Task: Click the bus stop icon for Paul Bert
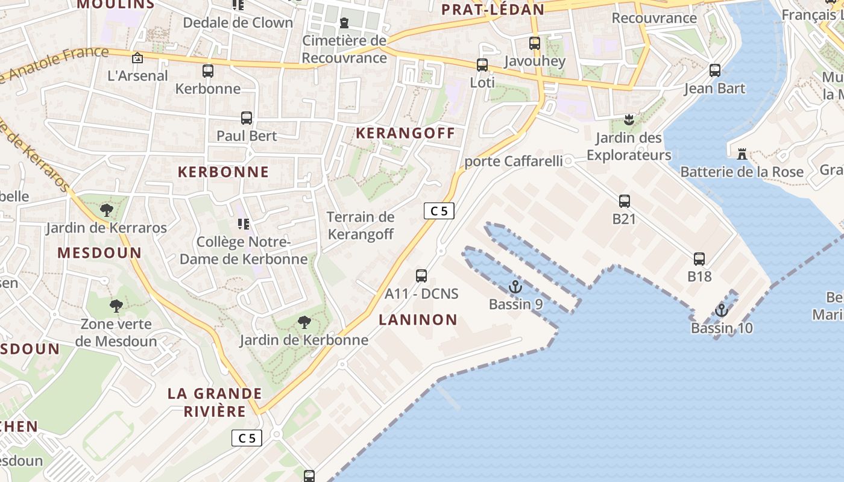tap(247, 117)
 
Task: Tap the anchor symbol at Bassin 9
tap(515, 287)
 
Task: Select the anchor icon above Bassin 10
tap(722, 311)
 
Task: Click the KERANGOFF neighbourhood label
tap(405, 133)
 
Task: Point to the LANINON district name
tap(418, 320)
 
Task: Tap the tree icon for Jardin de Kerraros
tap(107, 210)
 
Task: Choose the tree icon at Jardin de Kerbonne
tap(304, 322)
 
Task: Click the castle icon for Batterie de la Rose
tap(742, 154)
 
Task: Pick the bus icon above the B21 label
tap(625, 201)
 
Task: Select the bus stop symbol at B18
tap(699, 259)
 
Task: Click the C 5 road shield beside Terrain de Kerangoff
tap(439, 211)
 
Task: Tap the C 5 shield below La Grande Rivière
tap(247, 438)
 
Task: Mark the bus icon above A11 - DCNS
tap(421, 276)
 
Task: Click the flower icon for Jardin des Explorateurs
tap(629, 119)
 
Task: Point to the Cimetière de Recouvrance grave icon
tap(344, 23)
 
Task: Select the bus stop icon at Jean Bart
tap(715, 70)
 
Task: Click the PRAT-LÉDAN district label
tap(493, 9)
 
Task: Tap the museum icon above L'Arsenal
tap(137, 58)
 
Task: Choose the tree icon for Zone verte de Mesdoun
tap(116, 306)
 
